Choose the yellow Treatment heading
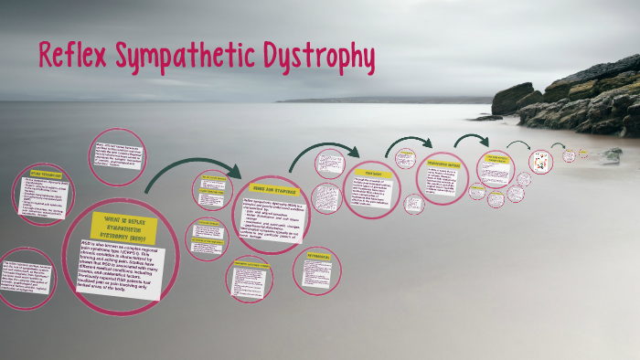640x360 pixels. pyautogui.click(x=373, y=173)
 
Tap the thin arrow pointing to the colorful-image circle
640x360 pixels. pyautogui.click(x=518, y=144)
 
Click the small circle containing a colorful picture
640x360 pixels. pyautogui.click(x=540, y=162)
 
